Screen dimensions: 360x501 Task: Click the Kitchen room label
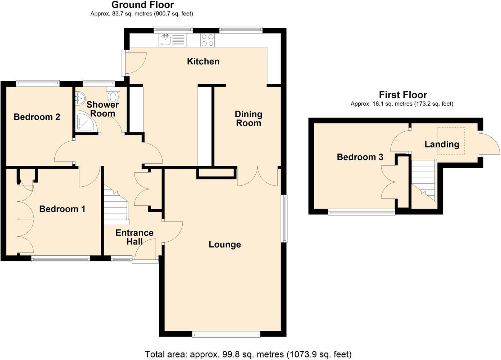pos(203,61)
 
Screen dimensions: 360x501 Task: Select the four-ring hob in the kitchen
pos(208,40)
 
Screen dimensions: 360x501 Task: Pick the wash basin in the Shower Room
pos(80,97)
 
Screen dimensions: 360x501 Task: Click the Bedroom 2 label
pos(37,117)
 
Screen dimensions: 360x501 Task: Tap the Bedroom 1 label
pos(62,209)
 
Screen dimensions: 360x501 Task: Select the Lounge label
pos(225,245)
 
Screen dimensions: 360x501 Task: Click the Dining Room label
pos(249,119)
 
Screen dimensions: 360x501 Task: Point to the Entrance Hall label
pos(135,237)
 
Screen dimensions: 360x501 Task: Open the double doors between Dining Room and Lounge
pos(258,177)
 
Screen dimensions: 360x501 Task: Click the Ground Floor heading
pos(142,5)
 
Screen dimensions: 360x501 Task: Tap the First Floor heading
pos(403,95)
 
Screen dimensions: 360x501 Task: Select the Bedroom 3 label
pos(360,157)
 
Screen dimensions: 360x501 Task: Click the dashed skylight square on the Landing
pos(451,141)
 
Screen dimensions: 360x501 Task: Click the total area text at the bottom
pos(248,354)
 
